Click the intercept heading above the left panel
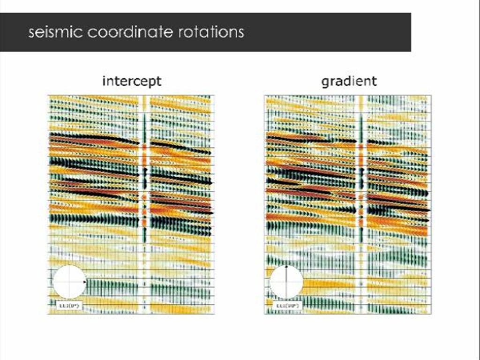point(132,81)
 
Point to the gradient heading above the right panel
point(349,81)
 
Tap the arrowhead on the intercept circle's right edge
point(84,282)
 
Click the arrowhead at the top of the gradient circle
point(286,268)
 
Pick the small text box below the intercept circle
point(62,306)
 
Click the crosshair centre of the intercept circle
point(69,282)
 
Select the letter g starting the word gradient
point(325,82)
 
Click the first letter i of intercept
point(104,81)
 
